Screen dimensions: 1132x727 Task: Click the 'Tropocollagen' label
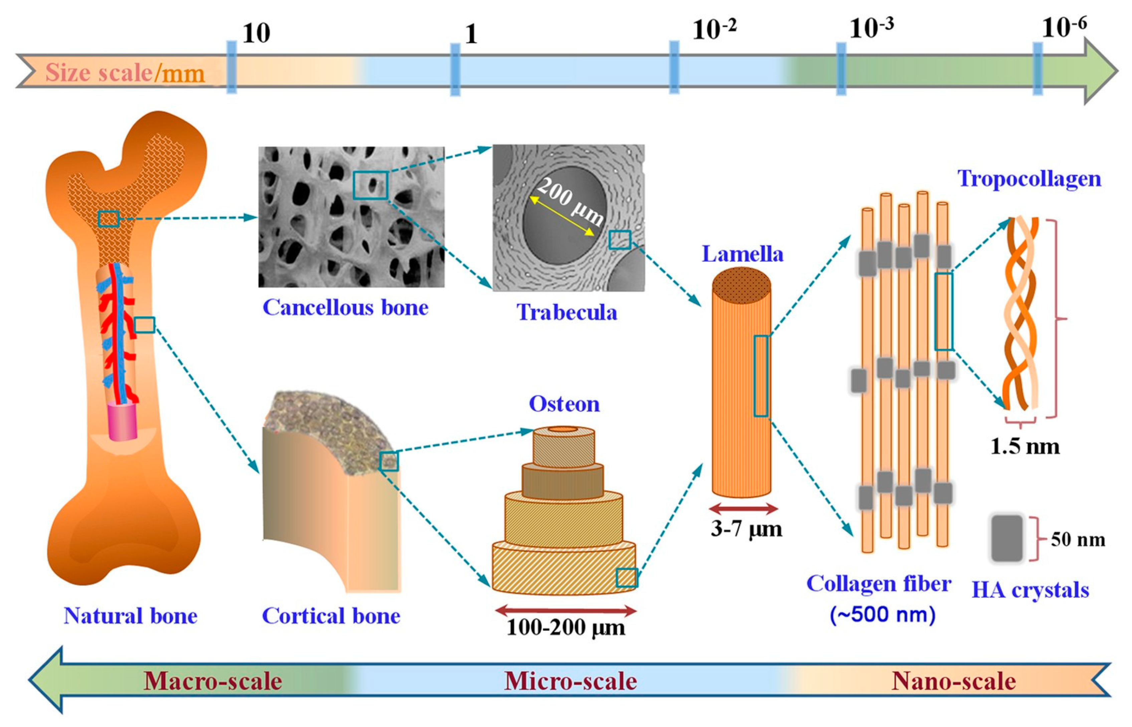point(1029,179)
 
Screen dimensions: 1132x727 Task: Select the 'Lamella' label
point(742,254)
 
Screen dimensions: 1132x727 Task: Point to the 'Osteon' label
point(564,404)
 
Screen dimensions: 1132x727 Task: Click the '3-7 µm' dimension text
point(746,529)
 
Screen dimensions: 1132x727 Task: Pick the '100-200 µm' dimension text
point(566,628)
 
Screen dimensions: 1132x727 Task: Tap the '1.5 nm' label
point(1024,446)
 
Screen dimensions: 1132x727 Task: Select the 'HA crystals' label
point(1030,590)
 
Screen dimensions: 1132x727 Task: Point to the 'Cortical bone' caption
point(331,616)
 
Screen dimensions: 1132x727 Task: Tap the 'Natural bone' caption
point(130,616)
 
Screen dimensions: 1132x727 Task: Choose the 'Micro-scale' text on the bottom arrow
point(570,682)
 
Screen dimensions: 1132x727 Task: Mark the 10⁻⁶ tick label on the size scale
point(1064,28)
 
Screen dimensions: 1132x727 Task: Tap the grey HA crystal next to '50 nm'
point(1006,538)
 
